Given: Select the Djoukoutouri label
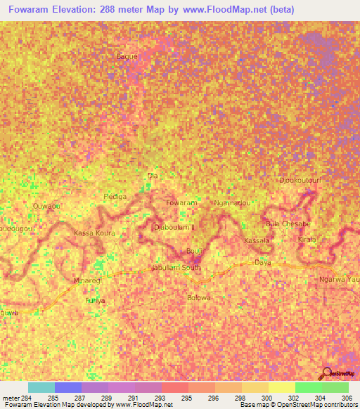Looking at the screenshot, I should point(300,180).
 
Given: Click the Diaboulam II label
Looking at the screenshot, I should point(176,227).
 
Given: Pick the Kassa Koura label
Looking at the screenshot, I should point(94,232).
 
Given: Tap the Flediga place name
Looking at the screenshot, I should point(115,197).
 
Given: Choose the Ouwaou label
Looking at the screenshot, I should point(46,206).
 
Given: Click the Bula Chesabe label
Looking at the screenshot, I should point(288,223).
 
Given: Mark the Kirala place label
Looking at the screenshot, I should point(307,240).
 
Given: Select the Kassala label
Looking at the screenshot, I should point(256,241).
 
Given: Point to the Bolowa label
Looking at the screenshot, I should point(199,297).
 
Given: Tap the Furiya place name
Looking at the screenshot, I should point(95,301).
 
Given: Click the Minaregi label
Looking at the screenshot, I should point(88,280).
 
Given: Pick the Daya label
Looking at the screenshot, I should point(263,262).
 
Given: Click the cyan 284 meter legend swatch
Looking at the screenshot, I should point(41,387).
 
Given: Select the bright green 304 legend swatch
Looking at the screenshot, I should point(308,387).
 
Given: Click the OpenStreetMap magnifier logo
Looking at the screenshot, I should point(328,373).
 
